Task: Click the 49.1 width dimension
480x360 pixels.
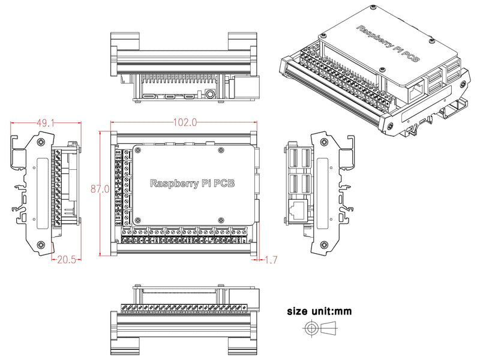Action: click(x=46, y=123)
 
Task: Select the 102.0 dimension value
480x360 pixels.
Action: click(x=185, y=122)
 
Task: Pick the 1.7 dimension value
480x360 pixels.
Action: click(x=271, y=260)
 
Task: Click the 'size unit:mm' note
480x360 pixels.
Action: click(x=319, y=311)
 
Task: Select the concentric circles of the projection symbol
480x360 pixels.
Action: click(x=311, y=329)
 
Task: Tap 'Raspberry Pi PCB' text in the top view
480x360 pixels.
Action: click(x=192, y=183)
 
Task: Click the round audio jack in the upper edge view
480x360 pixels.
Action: click(x=210, y=94)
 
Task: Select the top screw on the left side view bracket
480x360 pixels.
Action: click(x=40, y=142)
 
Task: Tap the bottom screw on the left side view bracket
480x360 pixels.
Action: click(x=40, y=245)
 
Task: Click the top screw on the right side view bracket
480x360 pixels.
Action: click(x=325, y=142)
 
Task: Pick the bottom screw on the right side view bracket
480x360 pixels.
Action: click(x=325, y=245)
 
